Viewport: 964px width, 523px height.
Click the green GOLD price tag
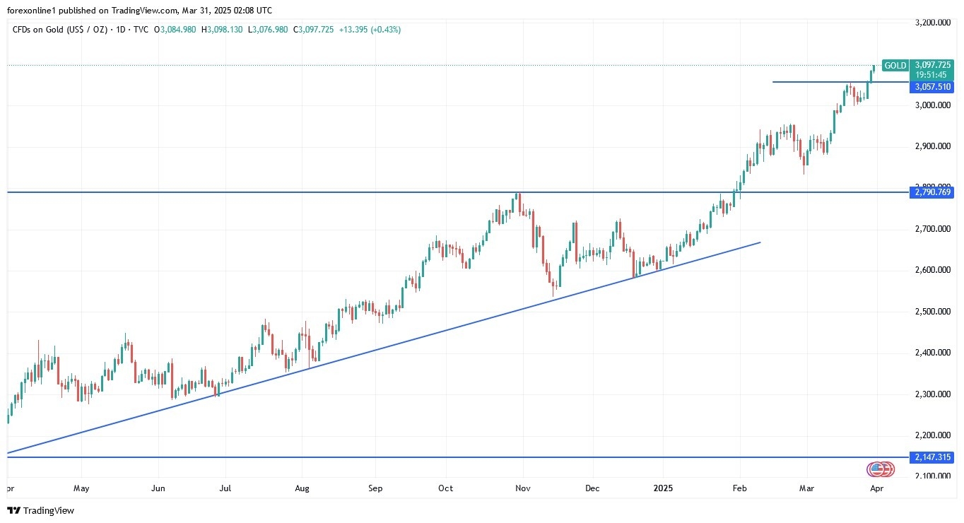click(895, 66)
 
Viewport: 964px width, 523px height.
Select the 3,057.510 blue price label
click(931, 87)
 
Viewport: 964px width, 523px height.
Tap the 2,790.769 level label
click(931, 192)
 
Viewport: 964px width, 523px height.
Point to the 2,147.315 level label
click(931, 457)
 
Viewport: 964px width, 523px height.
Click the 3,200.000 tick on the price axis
click(931, 23)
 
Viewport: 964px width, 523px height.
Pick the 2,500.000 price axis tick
click(931, 312)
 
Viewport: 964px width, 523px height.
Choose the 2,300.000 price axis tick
click(931, 394)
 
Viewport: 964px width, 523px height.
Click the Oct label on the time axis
click(446, 488)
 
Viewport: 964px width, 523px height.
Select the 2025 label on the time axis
click(664, 488)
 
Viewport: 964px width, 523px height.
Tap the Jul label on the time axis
click(225, 488)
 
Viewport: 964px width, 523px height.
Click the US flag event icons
click(881, 469)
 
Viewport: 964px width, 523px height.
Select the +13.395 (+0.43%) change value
click(370, 30)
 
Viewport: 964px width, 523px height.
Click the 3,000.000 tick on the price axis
click(931, 105)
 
